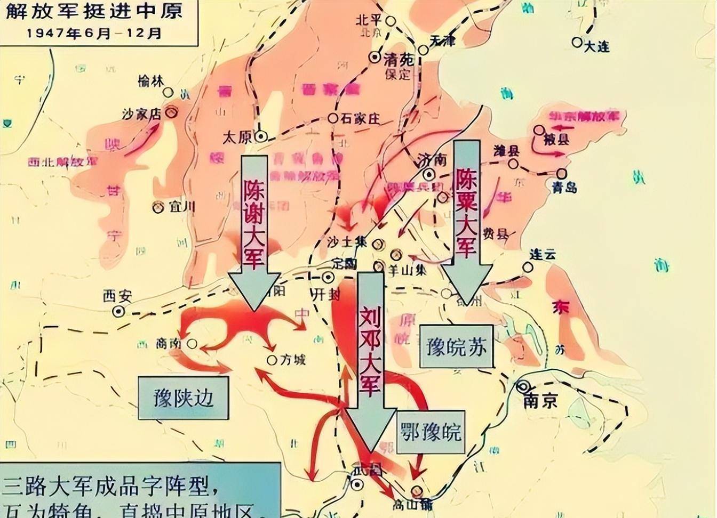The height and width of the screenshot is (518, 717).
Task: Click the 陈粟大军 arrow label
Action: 465,210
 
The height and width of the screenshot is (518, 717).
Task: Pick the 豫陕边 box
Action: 183,398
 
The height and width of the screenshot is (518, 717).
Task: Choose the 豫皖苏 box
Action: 456,346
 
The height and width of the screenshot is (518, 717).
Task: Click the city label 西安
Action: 117,296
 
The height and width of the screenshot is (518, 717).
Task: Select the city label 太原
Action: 237,137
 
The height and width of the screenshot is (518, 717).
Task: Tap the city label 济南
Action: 431,160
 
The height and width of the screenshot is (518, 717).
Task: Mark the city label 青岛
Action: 564,187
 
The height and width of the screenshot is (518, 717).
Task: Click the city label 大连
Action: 596,47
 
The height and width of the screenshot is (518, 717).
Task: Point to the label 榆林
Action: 149,81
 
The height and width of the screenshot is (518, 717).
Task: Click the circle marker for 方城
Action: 272,360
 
